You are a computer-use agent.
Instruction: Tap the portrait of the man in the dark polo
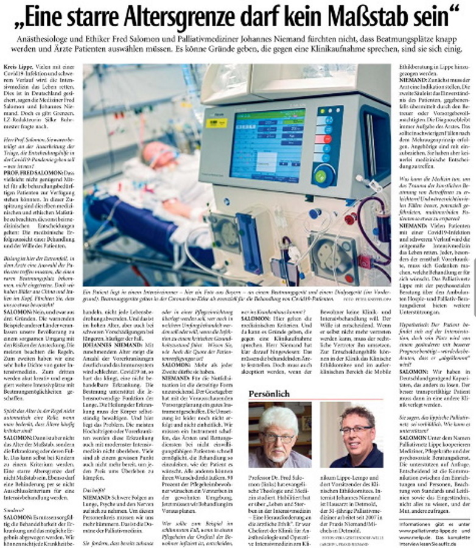point(351,434)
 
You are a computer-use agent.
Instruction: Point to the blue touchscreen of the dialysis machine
point(267,144)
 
